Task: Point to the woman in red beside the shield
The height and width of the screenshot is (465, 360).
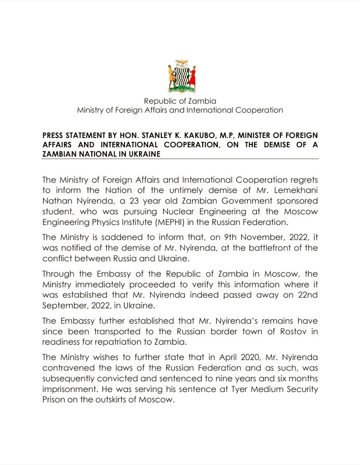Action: (x=192, y=77)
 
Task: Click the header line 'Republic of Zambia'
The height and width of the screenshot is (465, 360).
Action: (x=180, y=101)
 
